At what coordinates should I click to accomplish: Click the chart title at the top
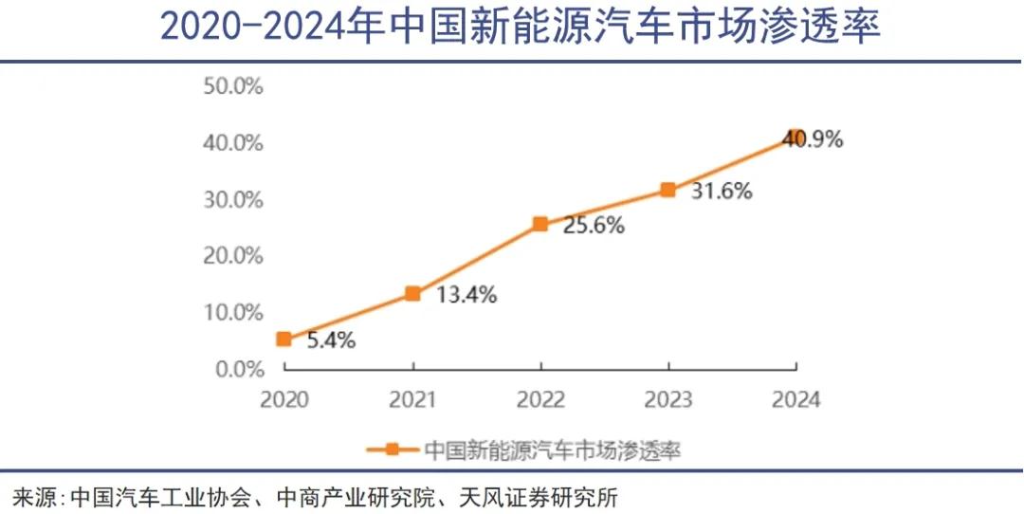520,28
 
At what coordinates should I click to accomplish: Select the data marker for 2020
283,339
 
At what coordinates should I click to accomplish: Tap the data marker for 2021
412,294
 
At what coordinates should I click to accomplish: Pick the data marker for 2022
540,225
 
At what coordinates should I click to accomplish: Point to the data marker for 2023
668,190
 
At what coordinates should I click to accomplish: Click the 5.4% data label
331,340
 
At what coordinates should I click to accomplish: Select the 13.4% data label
466,295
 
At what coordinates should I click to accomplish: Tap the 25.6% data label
594,226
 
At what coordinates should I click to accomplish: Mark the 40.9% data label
813,140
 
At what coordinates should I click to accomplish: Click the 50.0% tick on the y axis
232,86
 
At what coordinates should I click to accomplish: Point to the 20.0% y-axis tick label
232,256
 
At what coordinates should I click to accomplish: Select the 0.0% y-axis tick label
237,369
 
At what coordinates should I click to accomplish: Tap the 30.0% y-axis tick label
232,199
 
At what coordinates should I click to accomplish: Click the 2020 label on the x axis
283,398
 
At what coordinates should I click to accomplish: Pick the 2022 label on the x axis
540,398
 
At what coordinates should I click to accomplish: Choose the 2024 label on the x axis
796,398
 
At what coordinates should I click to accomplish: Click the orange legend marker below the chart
392,450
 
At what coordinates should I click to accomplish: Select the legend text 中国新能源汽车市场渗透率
552,450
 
